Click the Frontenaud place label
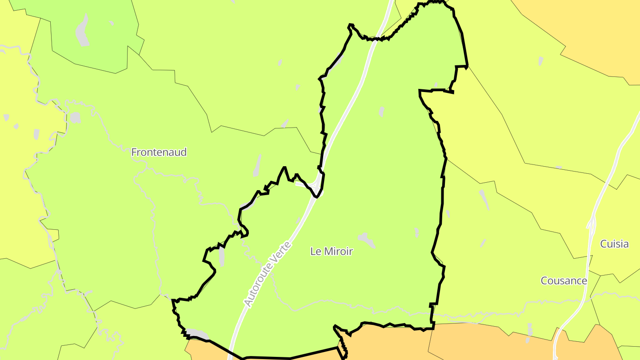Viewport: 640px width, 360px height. (x=159, y=152)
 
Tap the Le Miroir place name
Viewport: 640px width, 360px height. (x=332, y=252)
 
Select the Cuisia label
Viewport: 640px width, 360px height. (x=614, y=244)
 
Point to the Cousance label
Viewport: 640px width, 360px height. (x=564, y=281)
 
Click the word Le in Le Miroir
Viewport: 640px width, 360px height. (x=316, y=252)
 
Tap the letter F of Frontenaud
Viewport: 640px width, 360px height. (x=134, y=152)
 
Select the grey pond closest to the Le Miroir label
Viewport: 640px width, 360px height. (x=367, y=240)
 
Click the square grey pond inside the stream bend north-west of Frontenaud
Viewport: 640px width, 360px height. (x=75, y=118)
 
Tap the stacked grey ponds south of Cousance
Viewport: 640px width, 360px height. (x=529, y=333)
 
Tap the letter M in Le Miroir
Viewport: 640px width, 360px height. (x=328, y=252)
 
